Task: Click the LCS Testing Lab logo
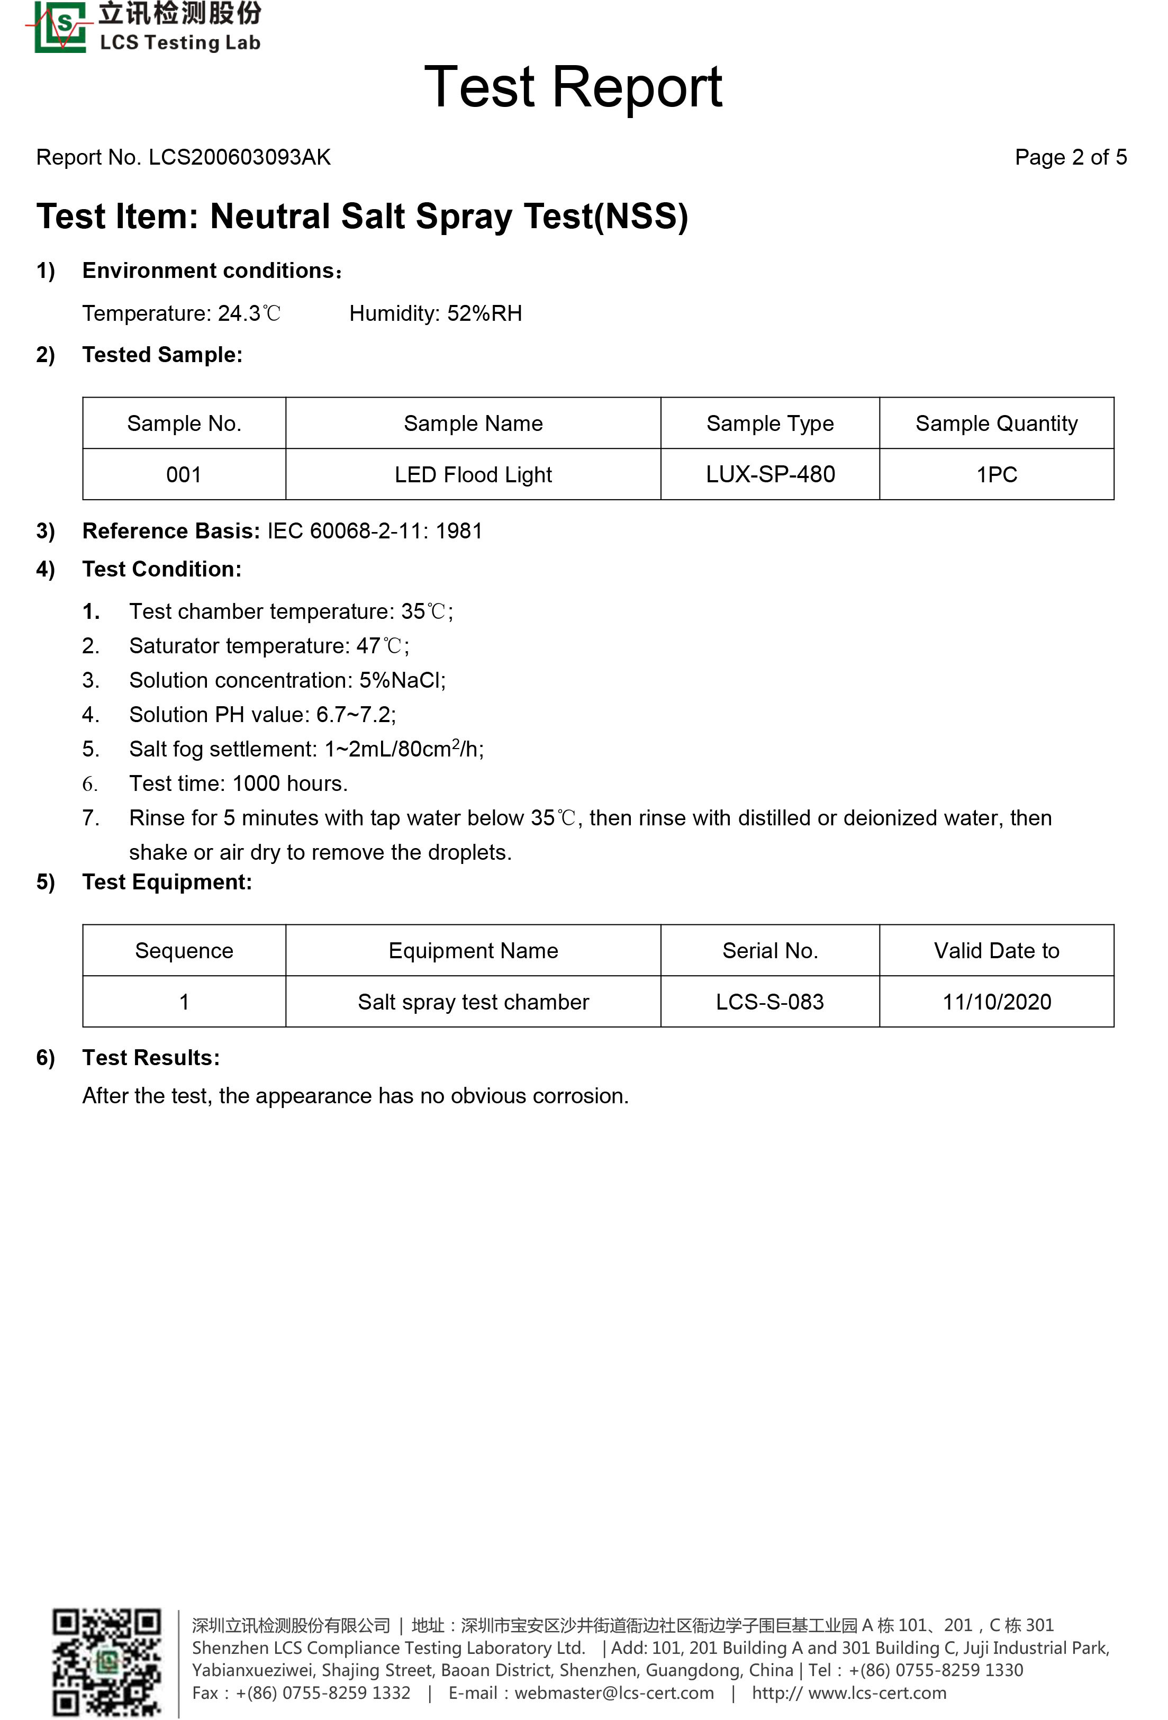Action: (x=144, y=28)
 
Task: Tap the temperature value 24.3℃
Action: (x=249, y=314)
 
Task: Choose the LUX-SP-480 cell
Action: (x=769, y=474)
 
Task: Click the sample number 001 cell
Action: (x=184, y=474)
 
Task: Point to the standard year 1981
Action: (x=459, y=532)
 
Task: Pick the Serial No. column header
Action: (x=769, y=950)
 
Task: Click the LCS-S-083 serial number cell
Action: (x=769, y=1002)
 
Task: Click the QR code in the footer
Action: (x=106, y=1662)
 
